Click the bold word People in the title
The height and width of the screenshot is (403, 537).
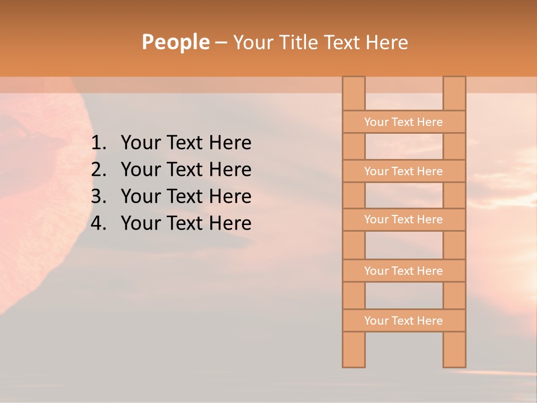(x=175, y=42)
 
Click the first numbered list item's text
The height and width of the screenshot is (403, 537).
(x=186, y=143)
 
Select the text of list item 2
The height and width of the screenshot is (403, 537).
(x=186, y=170)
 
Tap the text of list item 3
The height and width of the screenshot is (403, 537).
(x=186, y=196)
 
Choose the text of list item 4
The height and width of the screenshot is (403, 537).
(x=186, y=223)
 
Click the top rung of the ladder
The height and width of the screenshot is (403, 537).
(x=403, y=122)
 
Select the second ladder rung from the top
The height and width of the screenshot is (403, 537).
(x=403, y=171)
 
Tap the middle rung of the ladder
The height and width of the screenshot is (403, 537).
(x=403, y=219)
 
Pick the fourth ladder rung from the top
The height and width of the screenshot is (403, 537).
(x=403, y=271)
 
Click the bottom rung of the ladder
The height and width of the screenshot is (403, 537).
(x=403, y=321)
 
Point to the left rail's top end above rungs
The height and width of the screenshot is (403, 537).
(x=354, y=93)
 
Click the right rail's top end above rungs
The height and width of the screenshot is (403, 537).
(x=454, y=93)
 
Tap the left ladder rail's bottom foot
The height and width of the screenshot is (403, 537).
(x=354, y=350)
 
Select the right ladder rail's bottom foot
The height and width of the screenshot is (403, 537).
(x=454, y=350)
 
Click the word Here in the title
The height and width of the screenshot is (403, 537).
(x=387, y=43)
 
